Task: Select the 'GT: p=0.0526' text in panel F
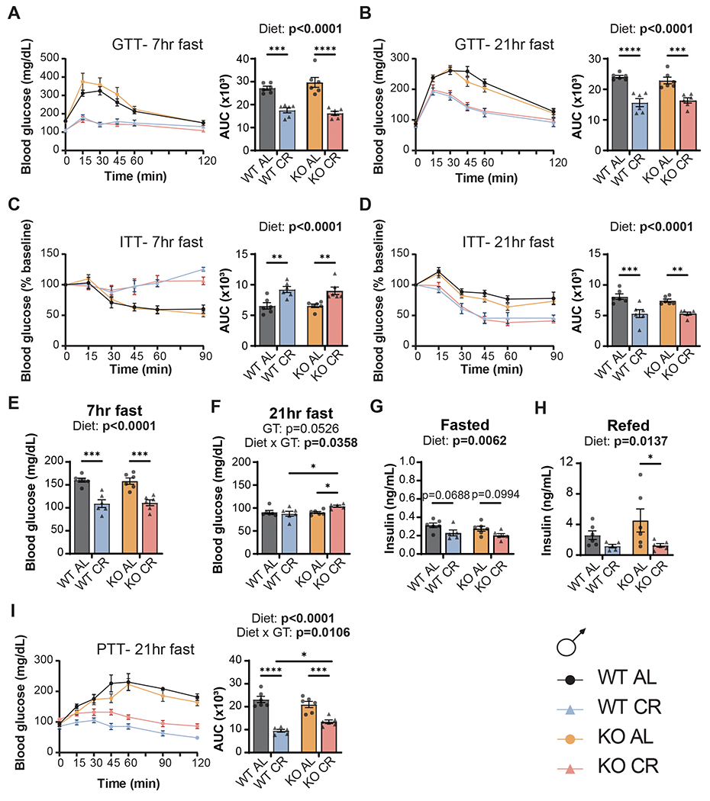[x=275, y=426]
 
